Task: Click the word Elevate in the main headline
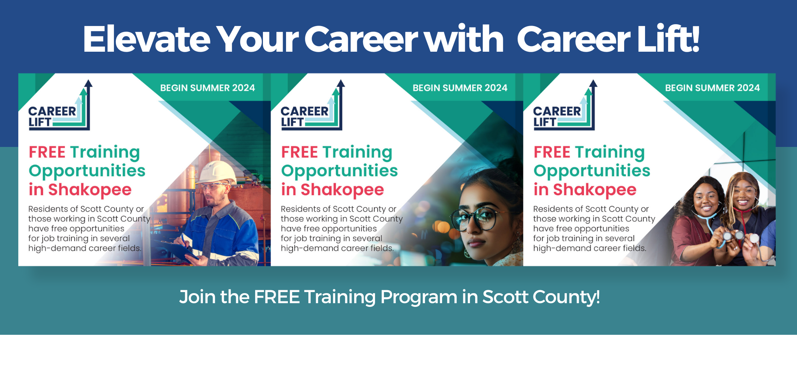[147, 39]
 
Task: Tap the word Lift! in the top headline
[668, 38]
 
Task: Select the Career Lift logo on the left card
[60, 106]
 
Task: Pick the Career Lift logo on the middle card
[312, 106]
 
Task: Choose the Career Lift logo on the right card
[565, 106]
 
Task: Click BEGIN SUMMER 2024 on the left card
[207, 88]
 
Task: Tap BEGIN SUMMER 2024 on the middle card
[460, 88]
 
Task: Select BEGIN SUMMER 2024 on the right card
[712, 88]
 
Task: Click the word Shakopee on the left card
[90, 190]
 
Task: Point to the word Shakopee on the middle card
[342, 190]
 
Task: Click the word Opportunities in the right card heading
[592, 171]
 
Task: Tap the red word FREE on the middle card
[299, 152]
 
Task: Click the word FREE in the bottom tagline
[277, 297]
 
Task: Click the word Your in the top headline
[257, 39]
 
